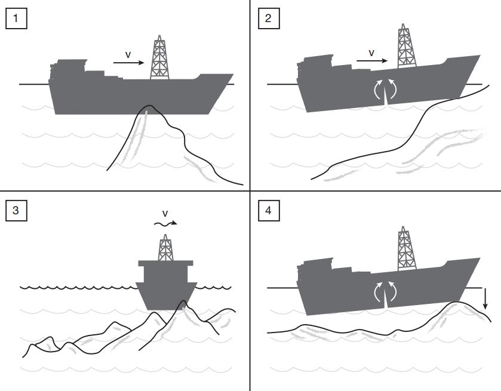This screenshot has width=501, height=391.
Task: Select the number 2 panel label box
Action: click(268, 19)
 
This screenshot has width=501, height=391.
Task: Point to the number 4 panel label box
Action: click(268, 211)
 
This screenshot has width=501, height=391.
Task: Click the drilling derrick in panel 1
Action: click(159, 58)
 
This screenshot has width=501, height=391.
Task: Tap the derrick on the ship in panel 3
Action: click(165, 248)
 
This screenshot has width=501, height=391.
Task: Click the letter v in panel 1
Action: click(128, 54)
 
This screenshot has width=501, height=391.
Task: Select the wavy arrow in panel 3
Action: click(165, 224)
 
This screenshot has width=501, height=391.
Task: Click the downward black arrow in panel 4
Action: click(485, 298)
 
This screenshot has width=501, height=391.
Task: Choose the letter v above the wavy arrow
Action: click(165, 213)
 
